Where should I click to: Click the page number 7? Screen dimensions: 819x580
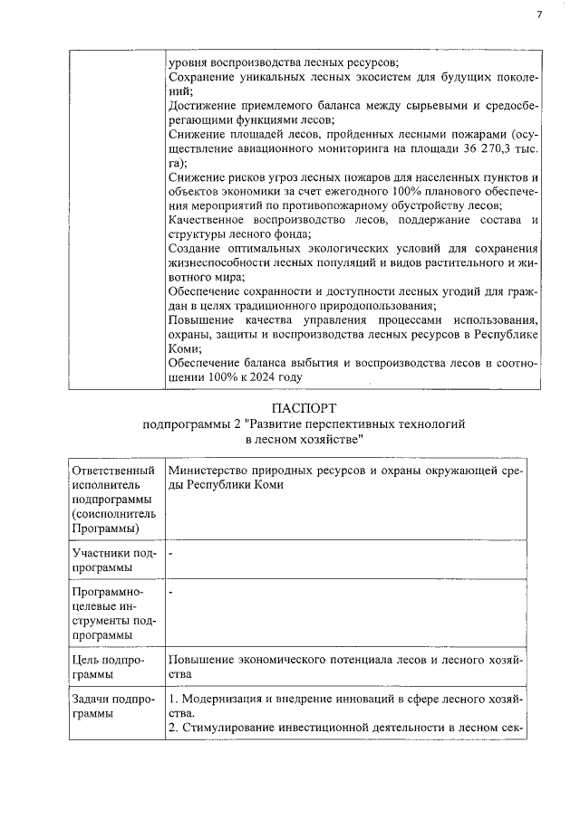pos(537,14)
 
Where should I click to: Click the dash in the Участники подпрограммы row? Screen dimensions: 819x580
pos(171,552)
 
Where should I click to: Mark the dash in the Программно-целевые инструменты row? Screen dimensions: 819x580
pos(171,591)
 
